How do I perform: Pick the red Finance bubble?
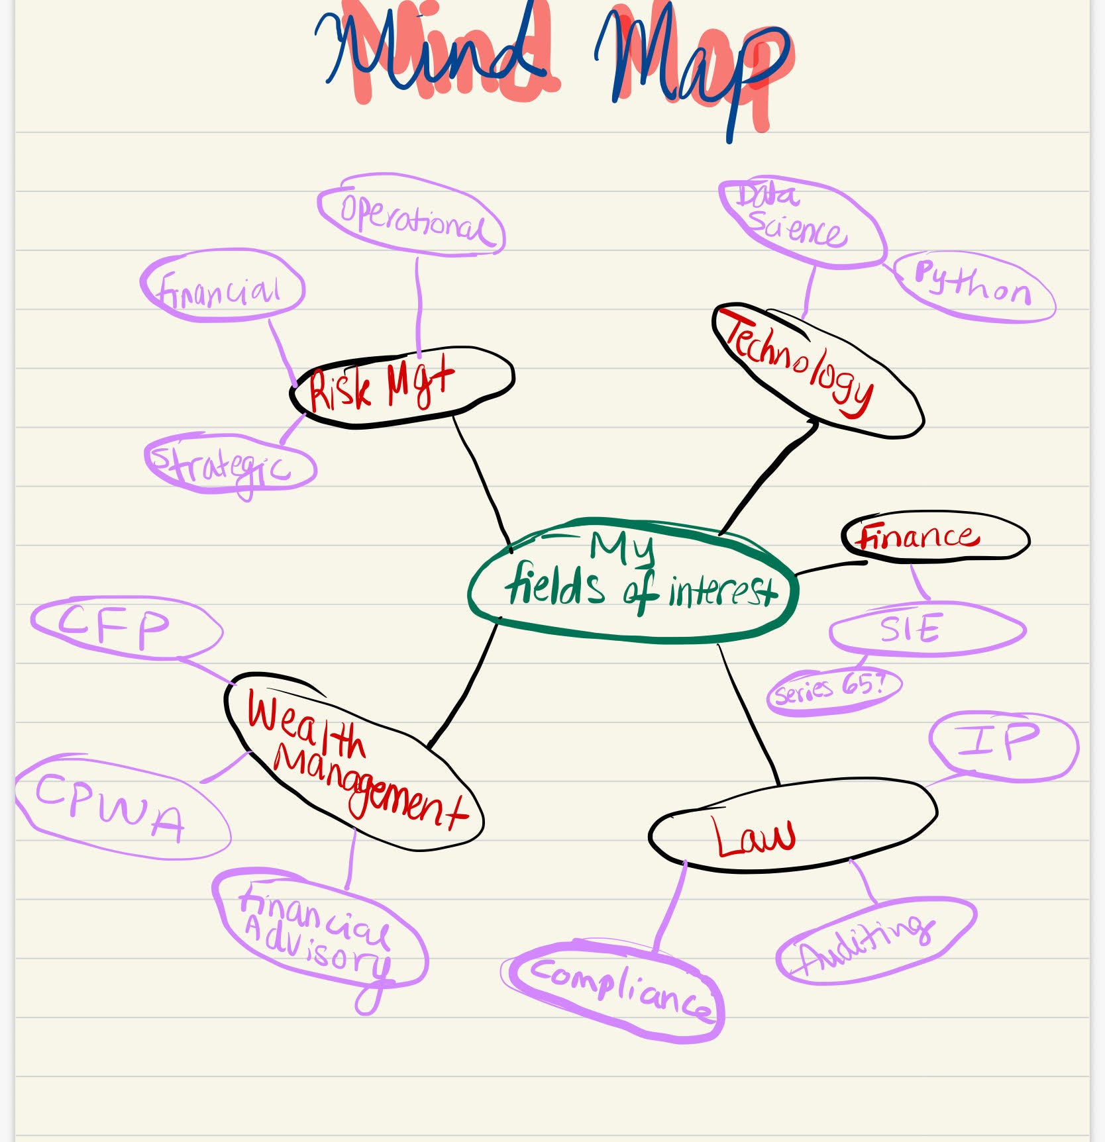pyautogui.click(x=934, y=536)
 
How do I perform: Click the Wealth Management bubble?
pyautogui.click(x=351, y=761)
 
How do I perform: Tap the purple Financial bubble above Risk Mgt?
pyautogui.click(x=222, y=286)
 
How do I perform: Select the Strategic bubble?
pyautogui.click(x=229, y=463)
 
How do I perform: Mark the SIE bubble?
pyautogui.click(x=926, y=629)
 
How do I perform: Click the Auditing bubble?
pyautogui.click(x=874, y=940)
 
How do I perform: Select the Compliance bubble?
pyautogui.click(x=616, y=990)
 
